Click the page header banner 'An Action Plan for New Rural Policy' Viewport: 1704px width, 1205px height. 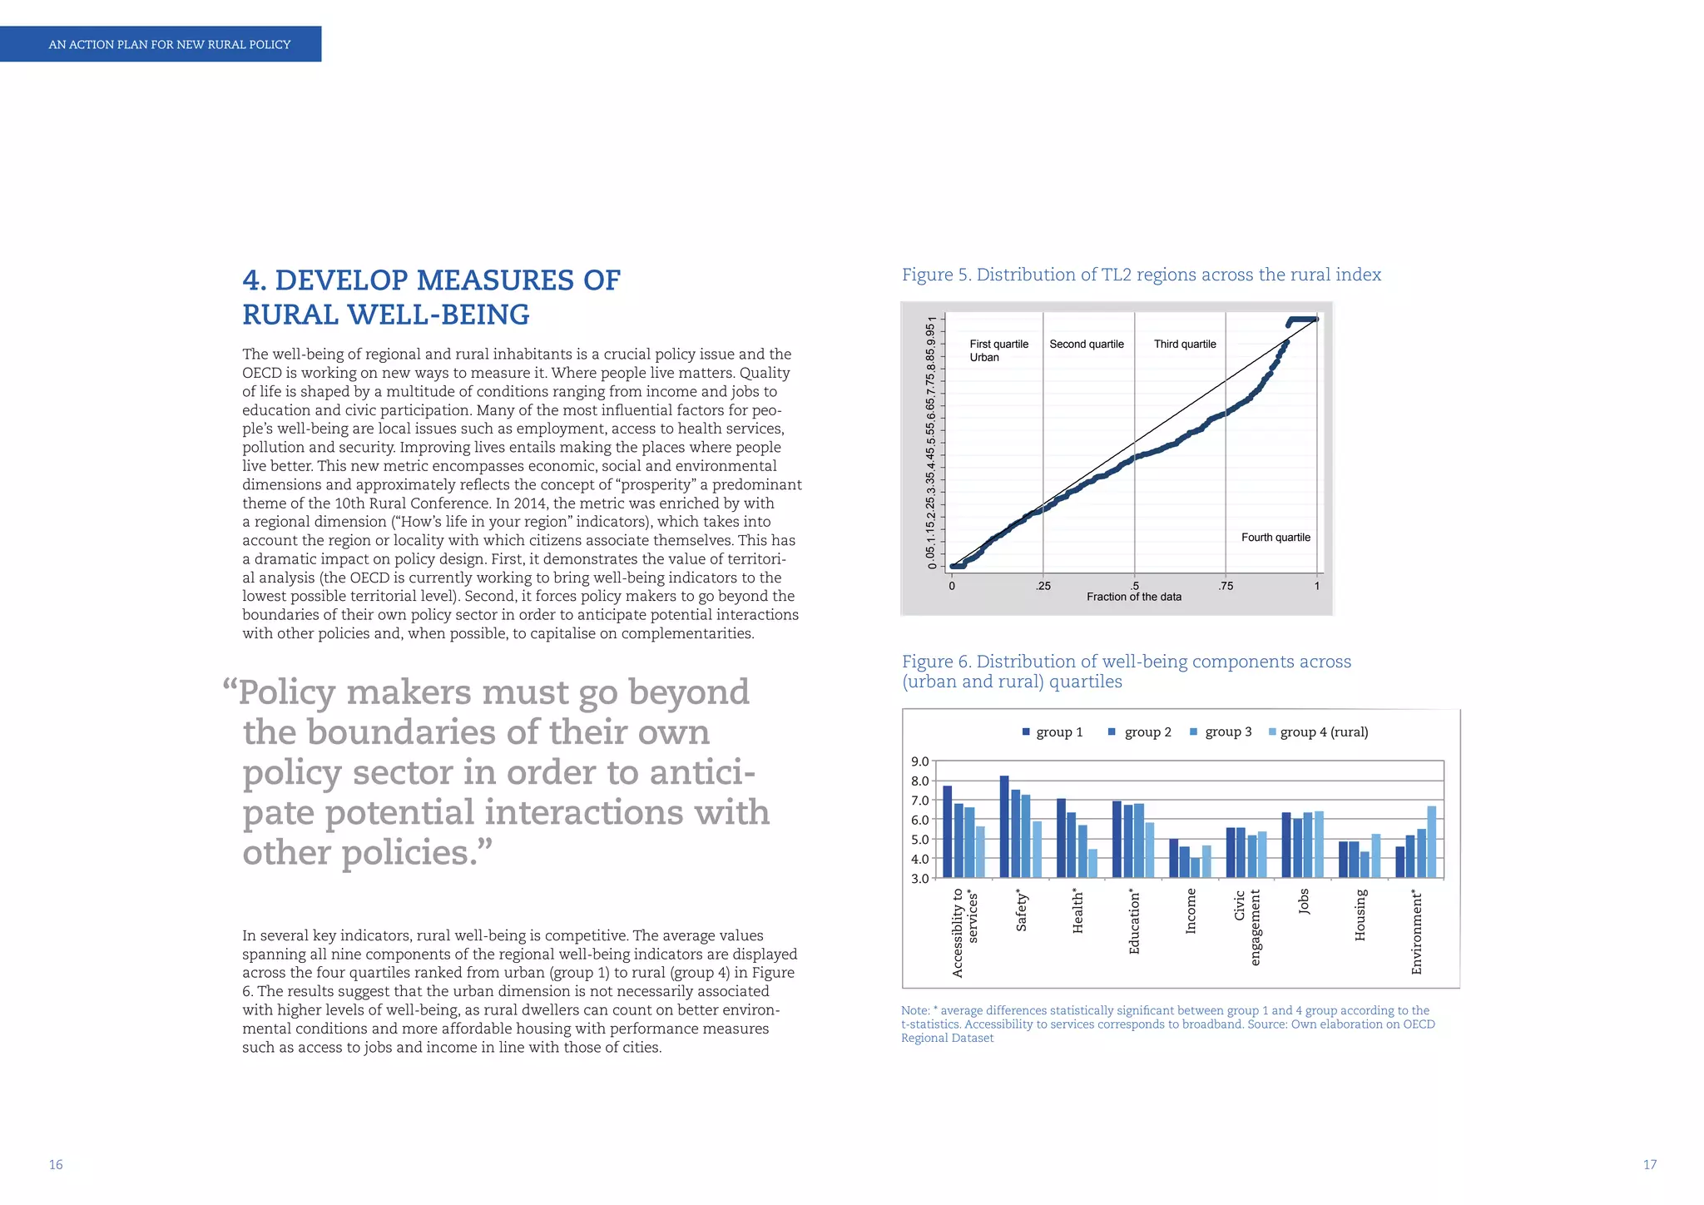coord(169,44)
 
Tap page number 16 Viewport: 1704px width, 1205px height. coord(56,1164)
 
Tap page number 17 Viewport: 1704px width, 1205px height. coord(1649,1164)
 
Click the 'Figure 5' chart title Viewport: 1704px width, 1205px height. coord(1141,275)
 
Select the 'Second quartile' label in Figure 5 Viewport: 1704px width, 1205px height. coord(1086,344)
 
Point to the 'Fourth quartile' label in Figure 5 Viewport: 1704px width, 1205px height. coord(1275,537)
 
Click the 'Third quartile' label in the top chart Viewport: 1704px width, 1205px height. coord(1184,344)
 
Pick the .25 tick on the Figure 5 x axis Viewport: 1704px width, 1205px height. coord(1043,586)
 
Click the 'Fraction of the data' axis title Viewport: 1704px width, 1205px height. coord(1133,597)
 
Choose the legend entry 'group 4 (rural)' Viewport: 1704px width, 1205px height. coord(1323,731)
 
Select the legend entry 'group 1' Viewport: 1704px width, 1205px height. coord(1058,731)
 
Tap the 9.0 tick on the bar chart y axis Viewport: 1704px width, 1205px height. coord(919,761)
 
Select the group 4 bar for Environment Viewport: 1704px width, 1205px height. coord(1431,841)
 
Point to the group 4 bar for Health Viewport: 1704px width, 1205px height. coord(1092,863)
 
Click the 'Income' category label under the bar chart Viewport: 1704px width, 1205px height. coord(1191,910)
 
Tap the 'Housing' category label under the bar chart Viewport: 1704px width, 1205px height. coord(1360,915)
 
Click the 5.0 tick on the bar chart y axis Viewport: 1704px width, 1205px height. coord(919,839)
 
